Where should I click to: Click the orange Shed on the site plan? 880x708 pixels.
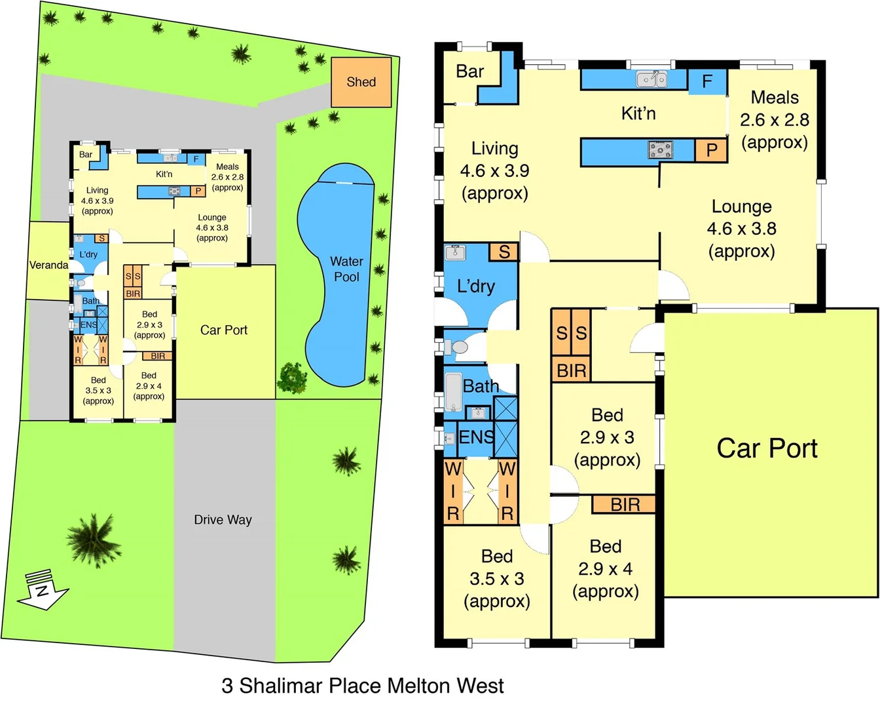[x=361, y=82]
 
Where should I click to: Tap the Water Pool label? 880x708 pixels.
[x=346, y=269]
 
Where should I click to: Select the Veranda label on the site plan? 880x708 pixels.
[x=48, y=265]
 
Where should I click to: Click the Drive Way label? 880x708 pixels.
[x=223, y=520]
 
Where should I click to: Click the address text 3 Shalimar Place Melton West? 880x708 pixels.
[x=362, y=686]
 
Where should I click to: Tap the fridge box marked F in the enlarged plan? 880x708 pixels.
[x=707, y=81]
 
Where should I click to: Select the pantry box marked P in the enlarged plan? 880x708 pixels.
[x=711, y=150]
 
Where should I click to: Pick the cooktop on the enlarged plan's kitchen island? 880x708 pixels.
[x=660, y=150]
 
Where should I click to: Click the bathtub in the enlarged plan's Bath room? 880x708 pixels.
[x=453, y=391]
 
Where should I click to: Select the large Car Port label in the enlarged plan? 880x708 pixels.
[x=767, y=448]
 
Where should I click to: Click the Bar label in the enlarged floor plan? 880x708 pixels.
[x=469, y=71]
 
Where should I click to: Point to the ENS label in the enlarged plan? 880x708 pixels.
[x=476, y=437]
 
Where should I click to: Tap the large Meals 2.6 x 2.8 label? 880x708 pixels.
[x=774, y=119]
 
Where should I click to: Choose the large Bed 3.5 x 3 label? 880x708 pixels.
[x=496, y=578]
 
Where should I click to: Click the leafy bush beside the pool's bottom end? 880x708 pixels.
[x=293, y=378]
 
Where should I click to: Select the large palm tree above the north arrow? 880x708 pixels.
[x=94, y=540]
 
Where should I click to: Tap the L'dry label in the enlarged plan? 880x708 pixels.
[x=475, y=286]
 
